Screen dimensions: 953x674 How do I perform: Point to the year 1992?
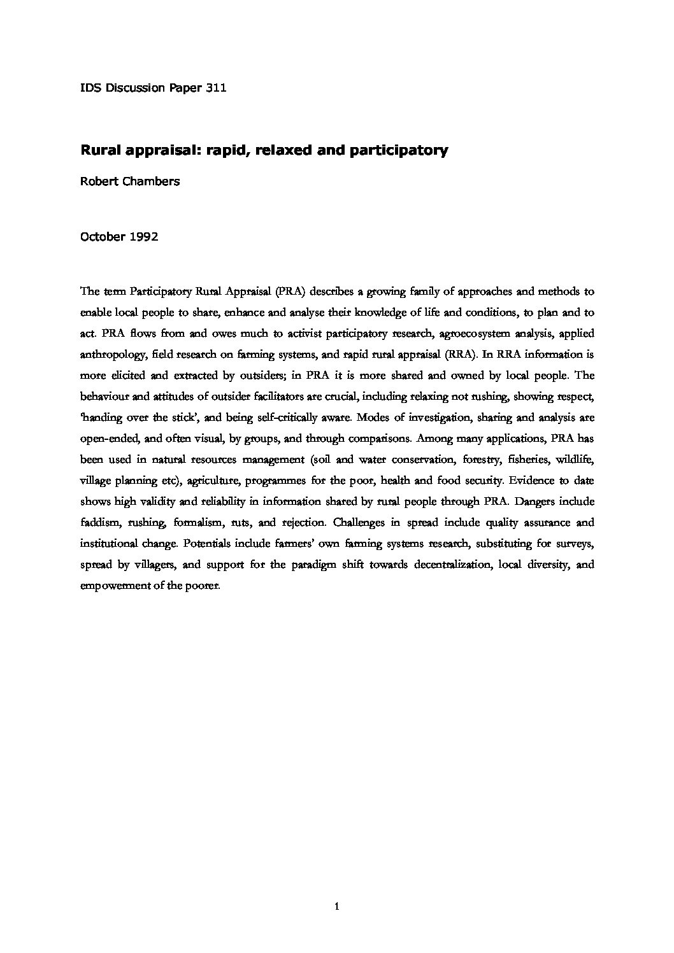[144, 236]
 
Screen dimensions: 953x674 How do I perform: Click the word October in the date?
[103, 236]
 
